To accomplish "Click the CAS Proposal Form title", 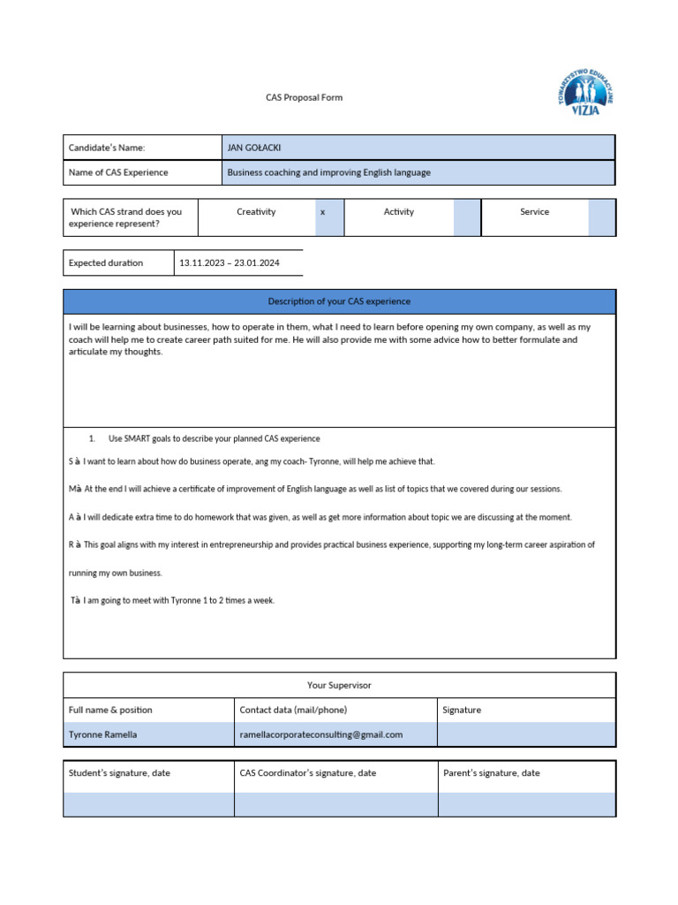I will point(304,97).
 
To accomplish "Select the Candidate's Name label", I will point(106,148).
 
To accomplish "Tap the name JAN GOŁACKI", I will point(254,148).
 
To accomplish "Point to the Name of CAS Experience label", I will point(117,172).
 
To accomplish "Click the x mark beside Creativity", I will point(323,212).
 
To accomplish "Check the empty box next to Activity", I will point(466,217).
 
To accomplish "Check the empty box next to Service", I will point(601,217).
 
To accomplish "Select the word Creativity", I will point(256,212).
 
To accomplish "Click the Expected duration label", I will point(105,262).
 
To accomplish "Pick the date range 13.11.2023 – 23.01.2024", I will point(229,262).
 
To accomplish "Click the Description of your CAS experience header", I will point(339,301).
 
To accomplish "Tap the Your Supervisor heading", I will point(339,685).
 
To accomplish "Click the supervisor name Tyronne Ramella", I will point(102,734).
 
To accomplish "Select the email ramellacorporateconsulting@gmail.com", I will point(320,734).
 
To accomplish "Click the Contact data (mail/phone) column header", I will point(293,710).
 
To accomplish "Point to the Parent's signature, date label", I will point(492,772).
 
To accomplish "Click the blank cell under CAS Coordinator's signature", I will point(335,803).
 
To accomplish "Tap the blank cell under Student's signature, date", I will point(148,803).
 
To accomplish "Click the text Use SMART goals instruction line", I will point(214,438).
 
